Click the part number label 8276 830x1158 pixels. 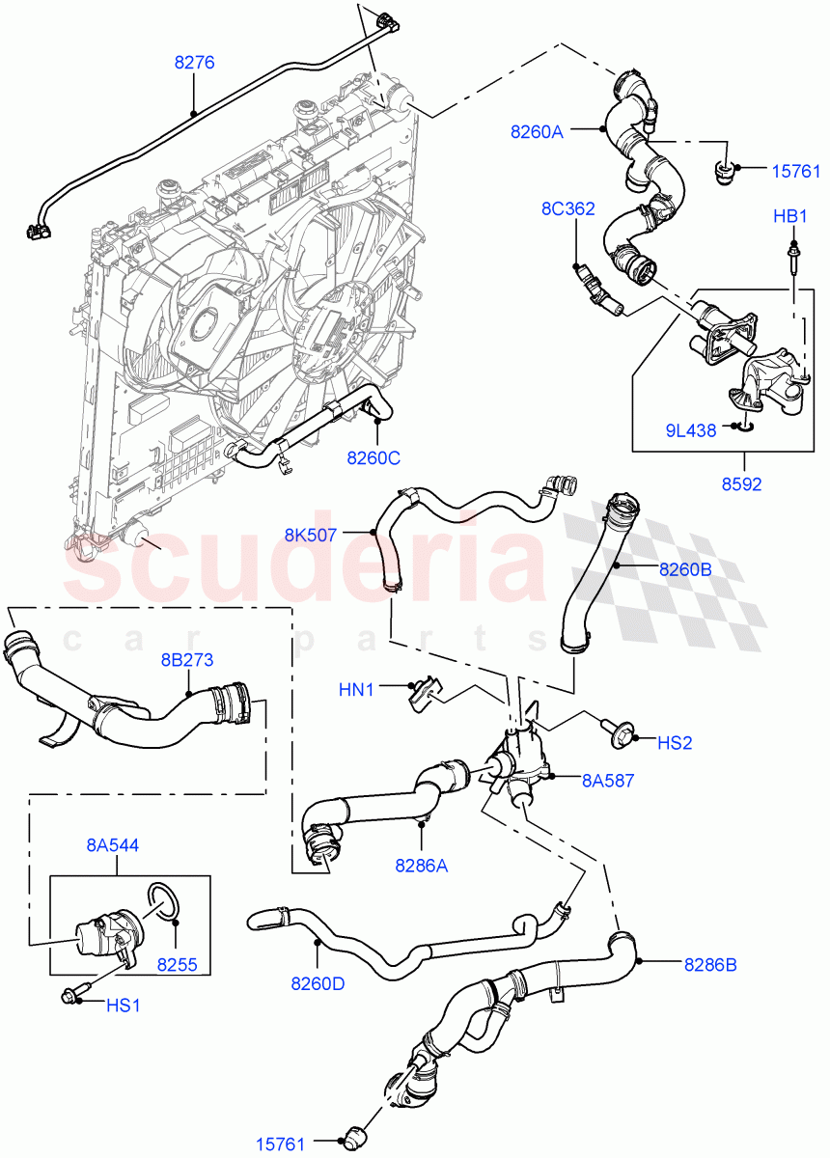tap(193, 63)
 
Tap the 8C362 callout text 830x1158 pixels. tap(567, 208)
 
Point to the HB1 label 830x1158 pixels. tap(789, 217)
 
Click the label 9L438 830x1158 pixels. tap(690, 430)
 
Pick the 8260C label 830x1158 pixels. tap(373, 457)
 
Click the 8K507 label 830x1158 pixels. tap(311, 534)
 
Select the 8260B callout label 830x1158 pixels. tap(685, 569)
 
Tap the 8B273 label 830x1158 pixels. tap(186, 660)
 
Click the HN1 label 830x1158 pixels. tap(357, 689)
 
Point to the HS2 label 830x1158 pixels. tap(676, 744)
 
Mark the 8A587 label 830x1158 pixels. tap(607, 781)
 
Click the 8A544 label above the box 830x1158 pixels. tap(113, 845)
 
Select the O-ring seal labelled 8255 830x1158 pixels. tap(164, 898)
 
